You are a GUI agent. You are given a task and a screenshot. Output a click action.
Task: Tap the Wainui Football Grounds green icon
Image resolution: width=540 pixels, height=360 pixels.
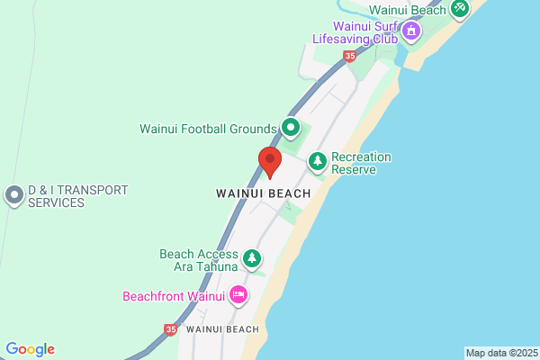[291, 128]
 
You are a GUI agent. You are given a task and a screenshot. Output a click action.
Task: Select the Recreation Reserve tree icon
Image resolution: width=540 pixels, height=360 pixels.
[317, 162]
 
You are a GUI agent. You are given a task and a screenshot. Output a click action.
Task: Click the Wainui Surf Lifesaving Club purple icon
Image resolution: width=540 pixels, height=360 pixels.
[411, 33]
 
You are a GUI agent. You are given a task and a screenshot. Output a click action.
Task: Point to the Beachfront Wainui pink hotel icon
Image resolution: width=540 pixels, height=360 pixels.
[238, 294]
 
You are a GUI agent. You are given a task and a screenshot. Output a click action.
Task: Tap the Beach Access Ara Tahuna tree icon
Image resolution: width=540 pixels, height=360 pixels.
[253, 260]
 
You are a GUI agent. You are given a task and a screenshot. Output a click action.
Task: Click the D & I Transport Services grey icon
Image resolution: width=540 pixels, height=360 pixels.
[14, 195]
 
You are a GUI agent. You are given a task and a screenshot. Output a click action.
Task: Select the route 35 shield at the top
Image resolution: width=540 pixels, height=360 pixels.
[349, 56]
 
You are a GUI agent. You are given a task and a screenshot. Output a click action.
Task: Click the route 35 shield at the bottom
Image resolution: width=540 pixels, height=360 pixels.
[171, 330]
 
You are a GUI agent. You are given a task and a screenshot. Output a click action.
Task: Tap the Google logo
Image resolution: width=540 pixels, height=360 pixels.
[30, 349]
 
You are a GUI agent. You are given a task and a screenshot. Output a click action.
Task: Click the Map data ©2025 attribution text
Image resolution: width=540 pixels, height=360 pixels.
[501, 353]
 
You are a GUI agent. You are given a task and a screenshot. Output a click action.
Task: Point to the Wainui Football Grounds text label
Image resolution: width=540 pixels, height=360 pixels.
[208, 129]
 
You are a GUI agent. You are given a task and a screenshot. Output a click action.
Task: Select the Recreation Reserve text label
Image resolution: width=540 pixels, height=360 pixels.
[361, 163]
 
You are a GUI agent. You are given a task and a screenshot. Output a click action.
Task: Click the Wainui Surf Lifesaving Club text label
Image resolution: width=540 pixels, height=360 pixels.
[355, 33]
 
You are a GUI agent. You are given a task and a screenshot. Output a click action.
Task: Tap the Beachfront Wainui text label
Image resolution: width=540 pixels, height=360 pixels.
[174, 295]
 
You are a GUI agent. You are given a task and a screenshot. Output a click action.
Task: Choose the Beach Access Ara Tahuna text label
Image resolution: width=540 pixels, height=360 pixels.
[198, 260]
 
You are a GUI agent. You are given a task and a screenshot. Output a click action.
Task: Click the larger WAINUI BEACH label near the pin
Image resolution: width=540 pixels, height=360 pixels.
[264, 193]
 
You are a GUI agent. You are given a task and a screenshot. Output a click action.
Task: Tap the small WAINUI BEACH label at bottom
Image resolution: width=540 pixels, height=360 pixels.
[222, 329]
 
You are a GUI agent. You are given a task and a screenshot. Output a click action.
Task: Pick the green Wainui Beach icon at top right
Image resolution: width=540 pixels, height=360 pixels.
[460, 8]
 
